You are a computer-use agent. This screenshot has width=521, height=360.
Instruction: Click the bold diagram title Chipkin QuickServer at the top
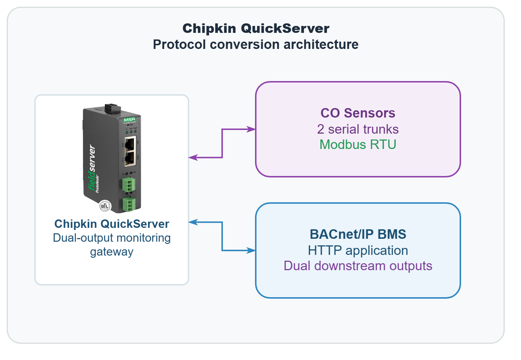point(256,28)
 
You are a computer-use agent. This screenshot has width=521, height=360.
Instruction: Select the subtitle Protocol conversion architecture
point(256,45)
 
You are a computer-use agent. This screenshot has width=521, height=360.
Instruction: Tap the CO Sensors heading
point(358,113)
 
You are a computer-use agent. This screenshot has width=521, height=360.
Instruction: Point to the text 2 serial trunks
point(358,129)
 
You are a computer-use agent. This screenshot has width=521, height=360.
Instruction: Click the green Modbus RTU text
point(358,145)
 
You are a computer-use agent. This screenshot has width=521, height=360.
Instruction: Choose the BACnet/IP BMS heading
point(358,234)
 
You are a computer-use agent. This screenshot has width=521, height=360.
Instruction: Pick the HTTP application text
point(358,250)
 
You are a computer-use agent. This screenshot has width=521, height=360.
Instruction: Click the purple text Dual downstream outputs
point(358,266)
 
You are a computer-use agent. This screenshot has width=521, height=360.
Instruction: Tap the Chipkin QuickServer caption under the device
point(111,224)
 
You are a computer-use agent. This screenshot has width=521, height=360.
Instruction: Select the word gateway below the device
point(111,252)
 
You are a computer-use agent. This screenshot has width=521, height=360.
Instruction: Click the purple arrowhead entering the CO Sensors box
point(252,129)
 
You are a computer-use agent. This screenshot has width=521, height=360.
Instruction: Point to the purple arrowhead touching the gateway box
point(193,157)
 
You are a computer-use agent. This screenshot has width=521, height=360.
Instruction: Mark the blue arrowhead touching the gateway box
point(193,222)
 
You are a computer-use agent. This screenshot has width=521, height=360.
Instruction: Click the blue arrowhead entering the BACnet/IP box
point(252,250)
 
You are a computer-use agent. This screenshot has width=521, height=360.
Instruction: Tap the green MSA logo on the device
point(129,120)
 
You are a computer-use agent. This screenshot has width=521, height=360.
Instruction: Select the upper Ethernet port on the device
point(130,143)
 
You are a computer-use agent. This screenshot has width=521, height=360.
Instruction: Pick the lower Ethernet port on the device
point(130,158)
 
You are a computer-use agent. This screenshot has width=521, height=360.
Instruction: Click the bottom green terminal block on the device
point(129,204)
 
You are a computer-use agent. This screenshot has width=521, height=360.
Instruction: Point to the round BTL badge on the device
point(105,206)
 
